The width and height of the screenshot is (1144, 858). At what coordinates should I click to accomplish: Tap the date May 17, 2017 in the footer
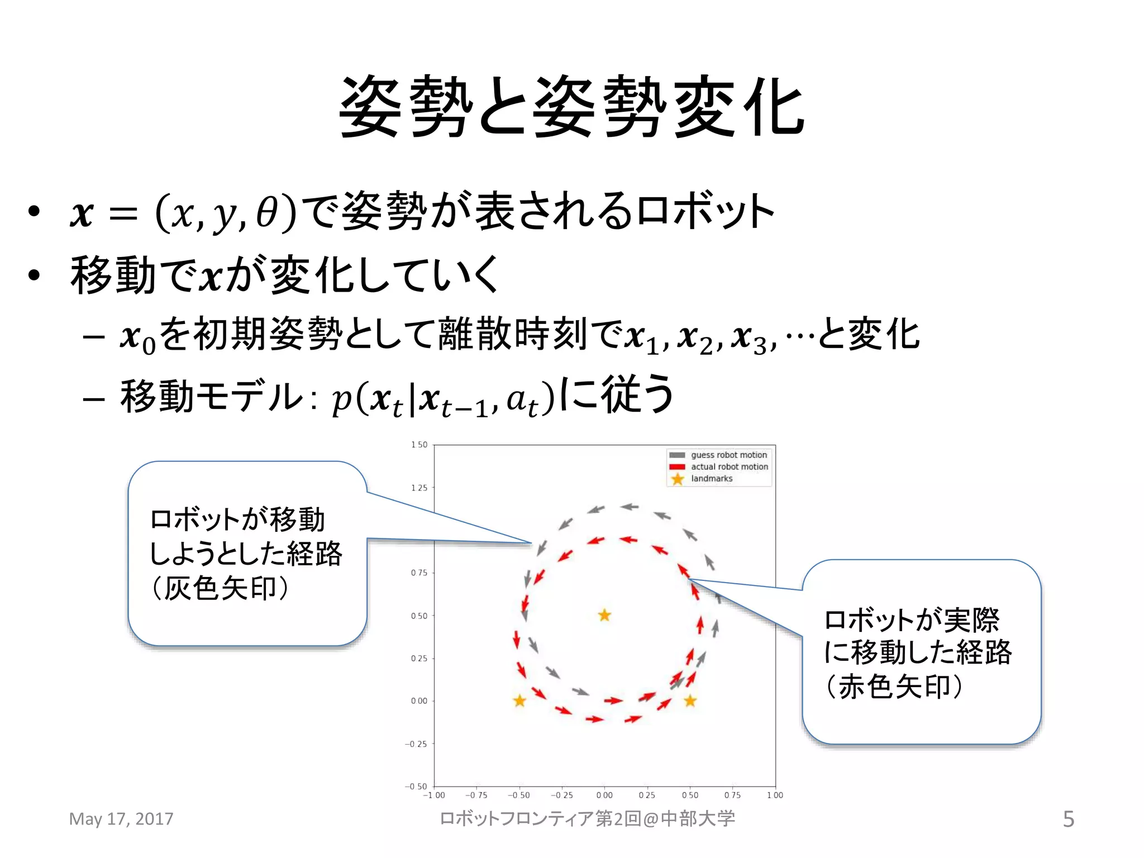click(121, 819)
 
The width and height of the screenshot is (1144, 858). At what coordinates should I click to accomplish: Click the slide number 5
click(1068, 819)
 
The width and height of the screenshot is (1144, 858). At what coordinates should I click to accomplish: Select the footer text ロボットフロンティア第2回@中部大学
click(587, 819)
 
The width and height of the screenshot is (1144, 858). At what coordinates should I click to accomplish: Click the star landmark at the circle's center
click(604, 616)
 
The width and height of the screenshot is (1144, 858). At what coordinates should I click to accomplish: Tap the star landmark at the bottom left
click(519, 700)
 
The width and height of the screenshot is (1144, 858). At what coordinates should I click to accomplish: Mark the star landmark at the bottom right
click(690, 700)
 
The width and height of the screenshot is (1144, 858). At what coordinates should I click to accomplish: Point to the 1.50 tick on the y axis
click(419, 445)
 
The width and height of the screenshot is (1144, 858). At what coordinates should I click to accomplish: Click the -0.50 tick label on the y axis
click(416, 786)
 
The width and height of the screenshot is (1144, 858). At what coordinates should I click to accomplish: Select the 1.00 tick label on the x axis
click(775, 795)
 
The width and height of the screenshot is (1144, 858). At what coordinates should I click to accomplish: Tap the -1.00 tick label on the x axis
click(434, 795)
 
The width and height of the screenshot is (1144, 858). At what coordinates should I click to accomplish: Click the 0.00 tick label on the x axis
click(604, 795)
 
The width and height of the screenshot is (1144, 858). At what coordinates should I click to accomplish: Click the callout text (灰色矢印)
click(221, 588)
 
